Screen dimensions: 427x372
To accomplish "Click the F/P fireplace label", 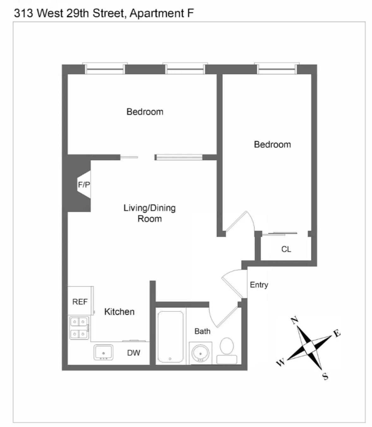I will click(84, 185).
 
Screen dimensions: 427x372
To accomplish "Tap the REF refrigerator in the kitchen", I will click(80, 301).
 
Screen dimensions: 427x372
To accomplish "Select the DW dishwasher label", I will click(133, 353).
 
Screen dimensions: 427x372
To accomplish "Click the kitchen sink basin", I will click(103, 352).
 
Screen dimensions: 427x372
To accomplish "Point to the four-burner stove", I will click(79, 328).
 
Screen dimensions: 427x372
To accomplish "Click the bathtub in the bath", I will click(170, 337).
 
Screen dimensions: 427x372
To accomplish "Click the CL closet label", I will click(286, 249).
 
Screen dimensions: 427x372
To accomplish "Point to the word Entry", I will click(259, 285).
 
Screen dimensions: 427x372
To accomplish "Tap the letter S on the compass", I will click(325, 376).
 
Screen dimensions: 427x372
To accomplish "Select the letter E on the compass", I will click(337, 333).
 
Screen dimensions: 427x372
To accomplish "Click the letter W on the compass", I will click(281, 362).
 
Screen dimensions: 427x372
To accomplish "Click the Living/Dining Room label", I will click(149, 213).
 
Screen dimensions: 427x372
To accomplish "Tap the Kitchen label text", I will click(119, 312).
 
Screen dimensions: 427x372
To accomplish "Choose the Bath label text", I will click(202, 331).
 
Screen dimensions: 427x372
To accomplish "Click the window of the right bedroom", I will click(277, 69).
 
